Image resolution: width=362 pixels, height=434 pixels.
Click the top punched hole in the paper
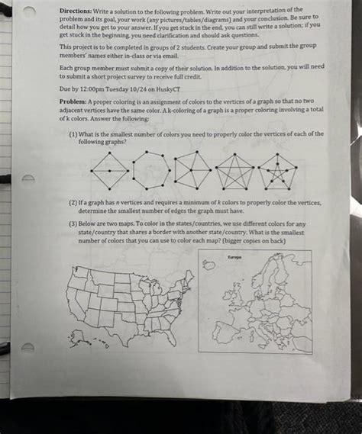(30, 7)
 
